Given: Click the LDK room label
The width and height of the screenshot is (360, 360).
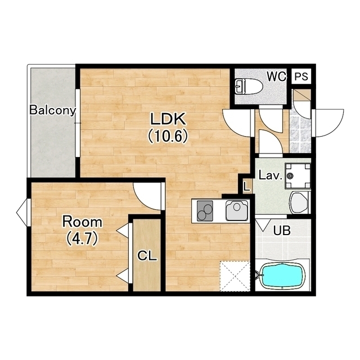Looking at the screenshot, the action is tap(168, 119).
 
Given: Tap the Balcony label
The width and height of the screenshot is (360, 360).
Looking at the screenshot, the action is tap(52, 110).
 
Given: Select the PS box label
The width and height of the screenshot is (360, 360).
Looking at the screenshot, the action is tap(301, 76).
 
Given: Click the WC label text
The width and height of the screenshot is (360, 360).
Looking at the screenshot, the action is tap(277, 76).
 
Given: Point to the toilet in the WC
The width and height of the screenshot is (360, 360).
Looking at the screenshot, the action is tap(249, 86).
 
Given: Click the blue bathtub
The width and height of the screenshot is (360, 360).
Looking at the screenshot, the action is tap(283, 276).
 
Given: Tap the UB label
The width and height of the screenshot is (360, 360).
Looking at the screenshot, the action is tap(282, 230).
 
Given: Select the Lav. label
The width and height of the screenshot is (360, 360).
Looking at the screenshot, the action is tap(270, 175).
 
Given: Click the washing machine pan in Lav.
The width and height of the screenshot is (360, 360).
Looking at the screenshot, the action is tap(298, 176).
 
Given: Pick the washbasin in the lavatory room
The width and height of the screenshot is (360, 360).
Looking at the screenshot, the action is tap(299, 203).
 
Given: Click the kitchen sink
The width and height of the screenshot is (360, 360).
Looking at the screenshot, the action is tap(237, 210).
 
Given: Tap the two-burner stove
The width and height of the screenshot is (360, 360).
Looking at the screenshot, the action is tap(205, 211).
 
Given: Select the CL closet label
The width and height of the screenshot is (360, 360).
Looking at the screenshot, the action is tap(147, 256).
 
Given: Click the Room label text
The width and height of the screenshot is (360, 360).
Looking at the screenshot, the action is tap(83, 222).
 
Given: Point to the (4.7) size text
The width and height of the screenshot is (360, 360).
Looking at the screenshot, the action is tap(83, 238).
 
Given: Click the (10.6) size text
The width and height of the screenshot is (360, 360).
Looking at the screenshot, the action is tap(168, 136).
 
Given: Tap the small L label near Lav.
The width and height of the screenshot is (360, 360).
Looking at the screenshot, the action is tap(247, 186).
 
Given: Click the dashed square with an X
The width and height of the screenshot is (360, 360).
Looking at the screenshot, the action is tap(235, 276).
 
